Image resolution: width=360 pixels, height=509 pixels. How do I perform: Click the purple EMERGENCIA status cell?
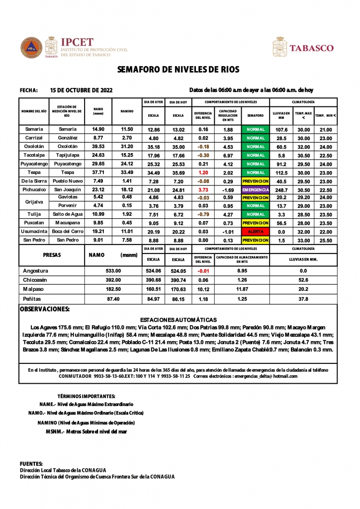256,190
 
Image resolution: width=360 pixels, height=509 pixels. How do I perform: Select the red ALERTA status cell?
256,232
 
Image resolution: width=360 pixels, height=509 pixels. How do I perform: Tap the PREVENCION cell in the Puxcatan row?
256,223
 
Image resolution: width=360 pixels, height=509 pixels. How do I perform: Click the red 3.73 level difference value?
202,190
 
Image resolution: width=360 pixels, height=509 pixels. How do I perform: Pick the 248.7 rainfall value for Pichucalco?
281,190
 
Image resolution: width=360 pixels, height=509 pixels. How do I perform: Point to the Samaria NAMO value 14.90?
98,129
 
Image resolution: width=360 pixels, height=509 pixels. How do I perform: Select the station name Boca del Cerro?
67,232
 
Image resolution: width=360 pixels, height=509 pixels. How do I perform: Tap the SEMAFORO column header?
256,115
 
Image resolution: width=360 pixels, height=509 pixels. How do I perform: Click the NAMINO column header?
127,111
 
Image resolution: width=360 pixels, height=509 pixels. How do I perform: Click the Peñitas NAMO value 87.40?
113,299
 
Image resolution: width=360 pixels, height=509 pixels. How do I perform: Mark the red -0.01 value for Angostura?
202,271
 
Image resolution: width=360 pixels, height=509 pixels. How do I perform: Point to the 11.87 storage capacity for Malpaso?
242,289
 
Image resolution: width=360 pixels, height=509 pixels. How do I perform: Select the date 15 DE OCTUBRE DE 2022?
82,90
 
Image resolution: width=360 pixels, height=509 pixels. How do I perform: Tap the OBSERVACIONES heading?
44,309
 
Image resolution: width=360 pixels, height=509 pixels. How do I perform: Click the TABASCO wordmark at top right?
311,48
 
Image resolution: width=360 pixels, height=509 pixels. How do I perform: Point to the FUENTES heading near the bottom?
31,463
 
